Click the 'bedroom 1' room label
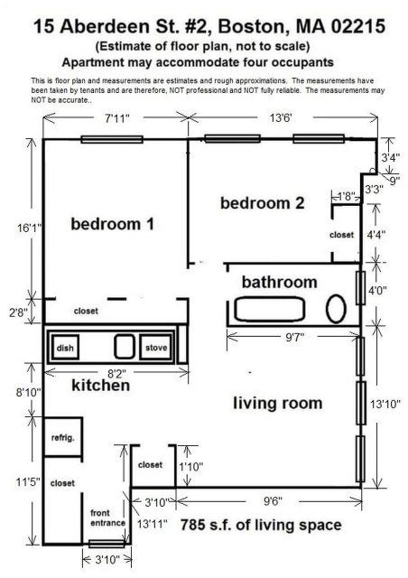[x=112, y=224]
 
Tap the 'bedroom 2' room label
[x=263, y=203]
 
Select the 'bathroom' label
[x=279, y=283]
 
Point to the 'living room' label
[x=277, y=404]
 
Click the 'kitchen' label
[x=100, y=386]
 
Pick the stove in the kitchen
[x=156, y=347]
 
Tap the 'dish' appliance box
[x=65, y=347]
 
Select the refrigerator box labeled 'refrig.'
[x=62, y=438]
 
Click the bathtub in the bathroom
[x=270, y=309]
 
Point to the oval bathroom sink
[x=336, y=309]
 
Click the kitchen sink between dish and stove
[x=124, y=347]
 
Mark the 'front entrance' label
[x=107, y=517]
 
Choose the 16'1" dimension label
[x=30, y=228]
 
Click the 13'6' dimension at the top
[x=281, y=118]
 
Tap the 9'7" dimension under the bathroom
[x=295, y=337]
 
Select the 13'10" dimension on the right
[x=385, y=404]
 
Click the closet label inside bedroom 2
[x=342, y=235]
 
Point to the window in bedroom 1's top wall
[x=112, y=139]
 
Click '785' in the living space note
[x=193, y=525]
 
